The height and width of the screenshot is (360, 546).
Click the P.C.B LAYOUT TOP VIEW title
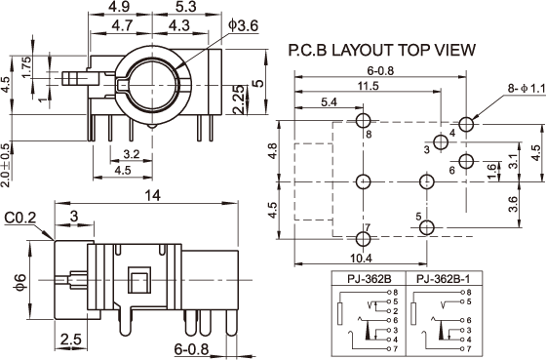(381, 50)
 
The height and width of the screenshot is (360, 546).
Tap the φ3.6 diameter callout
(244, 25)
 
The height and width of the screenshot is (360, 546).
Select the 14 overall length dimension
(153, 195)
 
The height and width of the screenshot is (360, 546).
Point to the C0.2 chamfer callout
(20, 219)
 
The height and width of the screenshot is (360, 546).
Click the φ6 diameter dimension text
(20, 282)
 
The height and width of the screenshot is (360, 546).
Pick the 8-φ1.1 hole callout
(526, 89)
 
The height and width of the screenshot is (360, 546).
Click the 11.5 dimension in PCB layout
(369, 86)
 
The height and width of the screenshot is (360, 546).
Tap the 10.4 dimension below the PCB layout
(361, 259)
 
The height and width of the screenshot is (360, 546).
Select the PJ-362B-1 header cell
(444, 279)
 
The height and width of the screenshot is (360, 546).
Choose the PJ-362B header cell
(370, 279)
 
